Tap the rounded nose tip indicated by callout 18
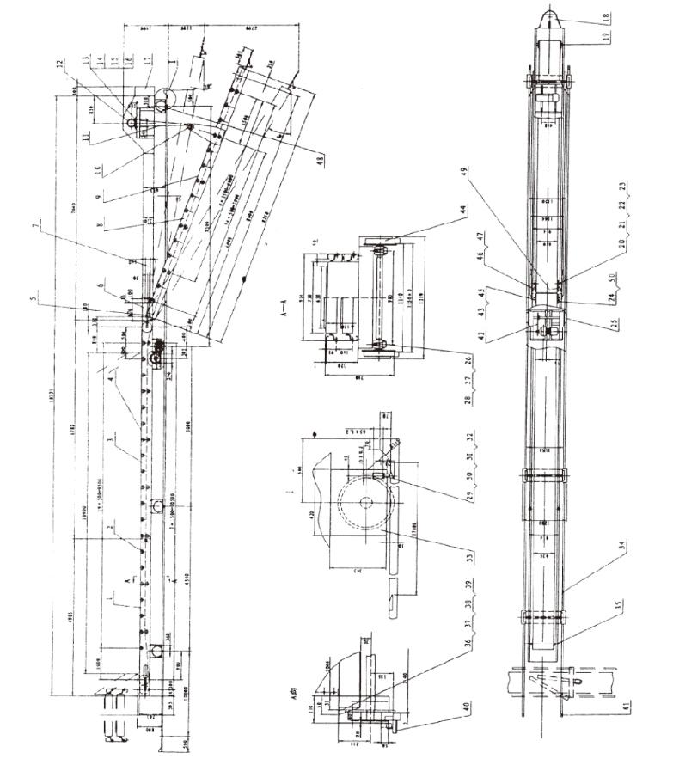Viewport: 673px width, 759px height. [548, 16]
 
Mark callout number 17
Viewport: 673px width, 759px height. [148, 61]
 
